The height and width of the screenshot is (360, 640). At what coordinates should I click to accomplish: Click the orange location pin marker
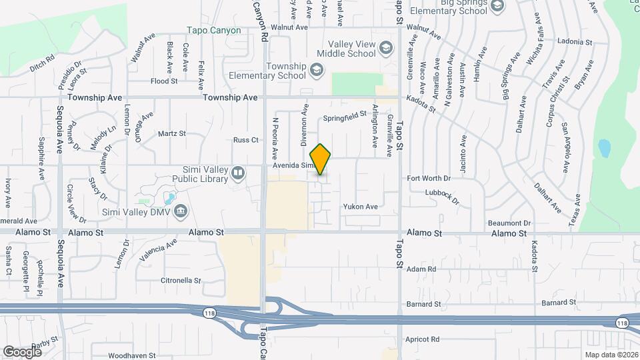[321, 159]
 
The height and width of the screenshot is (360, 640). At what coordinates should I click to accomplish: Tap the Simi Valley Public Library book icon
[238, 174]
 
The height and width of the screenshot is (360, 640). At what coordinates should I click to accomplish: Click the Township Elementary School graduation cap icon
[317, 70]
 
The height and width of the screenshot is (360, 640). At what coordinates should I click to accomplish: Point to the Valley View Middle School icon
[389, 49]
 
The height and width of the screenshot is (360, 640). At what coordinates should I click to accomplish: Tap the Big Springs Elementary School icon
[497, 6]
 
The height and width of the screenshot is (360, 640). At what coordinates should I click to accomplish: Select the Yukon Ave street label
[361, 207]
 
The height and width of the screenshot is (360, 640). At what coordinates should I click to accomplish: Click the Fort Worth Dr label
[429, 179]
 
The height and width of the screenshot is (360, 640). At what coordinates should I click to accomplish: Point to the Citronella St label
[181, 281]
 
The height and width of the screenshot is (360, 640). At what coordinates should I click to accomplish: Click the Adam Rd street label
[421, 269]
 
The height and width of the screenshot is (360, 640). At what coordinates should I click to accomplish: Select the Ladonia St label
[574, 42]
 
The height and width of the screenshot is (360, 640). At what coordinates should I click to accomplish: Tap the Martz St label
[171, 133]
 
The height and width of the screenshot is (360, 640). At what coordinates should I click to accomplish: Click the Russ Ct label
[245, 140]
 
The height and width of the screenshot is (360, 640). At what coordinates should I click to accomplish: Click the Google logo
[22, 351]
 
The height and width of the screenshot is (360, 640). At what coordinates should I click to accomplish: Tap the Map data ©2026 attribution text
[611, 355]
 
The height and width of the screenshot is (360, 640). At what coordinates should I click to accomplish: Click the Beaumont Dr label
[509, 223]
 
